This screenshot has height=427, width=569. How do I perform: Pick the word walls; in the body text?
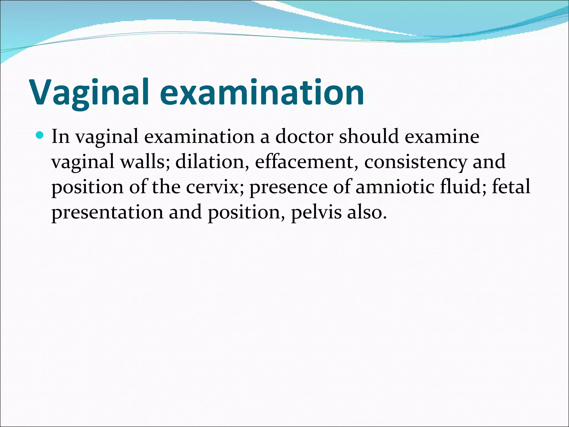[x=145, y=162]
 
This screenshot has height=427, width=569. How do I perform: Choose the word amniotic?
[x=395, y=187]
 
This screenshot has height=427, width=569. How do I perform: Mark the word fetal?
[x=511, y=187]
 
